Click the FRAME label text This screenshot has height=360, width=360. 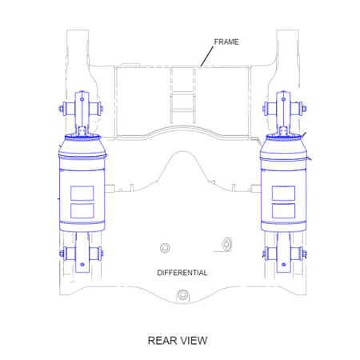226,42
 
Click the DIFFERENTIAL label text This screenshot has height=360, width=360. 182,273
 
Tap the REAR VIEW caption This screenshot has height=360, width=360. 178,341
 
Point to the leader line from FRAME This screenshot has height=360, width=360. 207,56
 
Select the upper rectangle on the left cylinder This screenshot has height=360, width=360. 82,193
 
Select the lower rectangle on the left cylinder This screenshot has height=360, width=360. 82,210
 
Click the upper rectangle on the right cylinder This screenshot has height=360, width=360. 283,193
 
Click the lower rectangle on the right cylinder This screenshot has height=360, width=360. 283,210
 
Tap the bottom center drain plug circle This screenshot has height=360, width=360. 182,295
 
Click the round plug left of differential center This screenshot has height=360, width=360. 165,248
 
